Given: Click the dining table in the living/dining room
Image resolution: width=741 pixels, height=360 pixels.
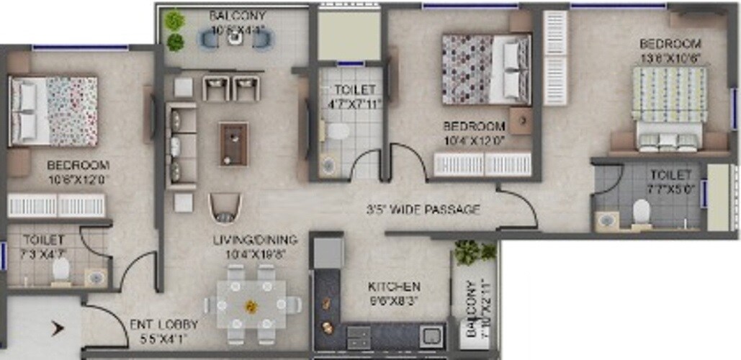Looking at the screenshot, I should (251, 305).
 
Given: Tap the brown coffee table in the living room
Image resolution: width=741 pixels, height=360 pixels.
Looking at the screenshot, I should (234, 143).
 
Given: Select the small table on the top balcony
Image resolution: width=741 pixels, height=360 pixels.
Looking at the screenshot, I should (234, 39).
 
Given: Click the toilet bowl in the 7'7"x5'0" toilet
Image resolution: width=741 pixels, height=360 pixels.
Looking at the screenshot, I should (642, 212).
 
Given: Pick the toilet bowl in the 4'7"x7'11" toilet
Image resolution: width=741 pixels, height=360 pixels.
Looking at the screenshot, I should (338, 132).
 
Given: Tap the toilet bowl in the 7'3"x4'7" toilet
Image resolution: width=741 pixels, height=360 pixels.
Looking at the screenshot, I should (61, 270).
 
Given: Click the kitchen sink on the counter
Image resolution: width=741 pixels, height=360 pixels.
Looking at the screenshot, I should (431, 336).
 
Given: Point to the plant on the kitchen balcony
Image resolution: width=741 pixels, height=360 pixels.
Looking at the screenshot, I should (473, 252).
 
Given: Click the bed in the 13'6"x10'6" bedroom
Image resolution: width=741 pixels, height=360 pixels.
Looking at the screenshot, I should (668, 108).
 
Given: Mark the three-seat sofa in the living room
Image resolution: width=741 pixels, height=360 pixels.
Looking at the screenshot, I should (181, 145).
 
